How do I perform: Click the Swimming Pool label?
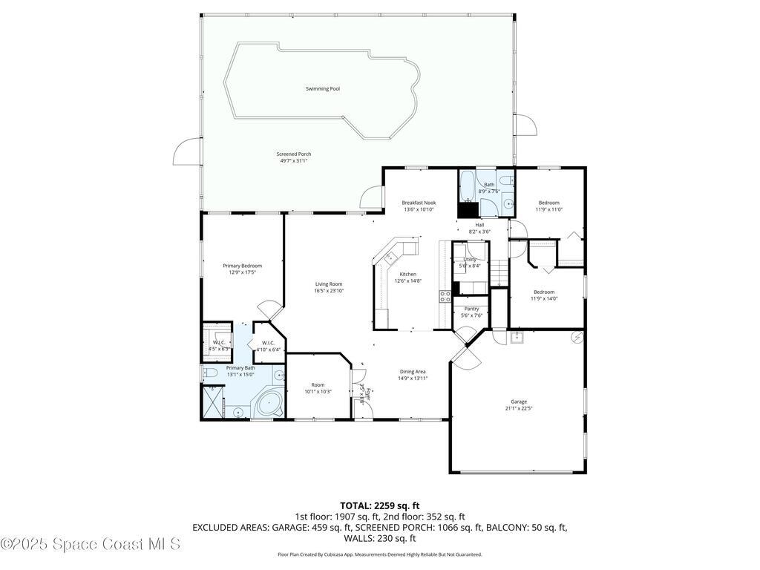323,89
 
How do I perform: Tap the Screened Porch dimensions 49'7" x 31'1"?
294,160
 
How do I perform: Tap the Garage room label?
519,402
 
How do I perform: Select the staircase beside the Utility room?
499,272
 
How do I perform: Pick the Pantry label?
471,309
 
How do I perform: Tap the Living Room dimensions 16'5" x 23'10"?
328,291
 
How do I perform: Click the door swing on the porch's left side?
187,151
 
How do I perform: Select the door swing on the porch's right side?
525,125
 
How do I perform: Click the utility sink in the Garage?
517,338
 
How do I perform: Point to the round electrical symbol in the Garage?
577,338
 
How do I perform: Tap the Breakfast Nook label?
419,203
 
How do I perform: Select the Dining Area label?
413,372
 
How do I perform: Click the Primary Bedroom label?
242,266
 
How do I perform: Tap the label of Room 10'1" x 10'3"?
318,385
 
